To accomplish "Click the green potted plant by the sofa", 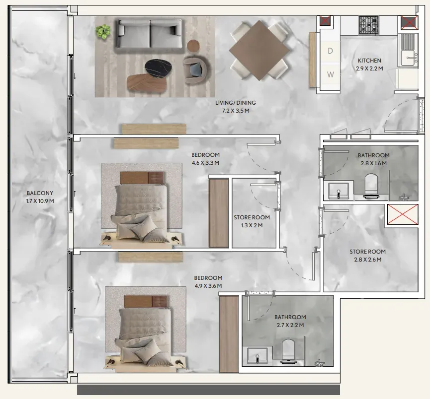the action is click(103, 31).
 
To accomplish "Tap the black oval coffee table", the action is click(159, 67).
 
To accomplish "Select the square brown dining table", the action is click(259, 51).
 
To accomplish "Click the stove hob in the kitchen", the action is click(368, 25).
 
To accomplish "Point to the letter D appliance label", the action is click(330, 51).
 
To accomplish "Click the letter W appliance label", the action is click(331, 74).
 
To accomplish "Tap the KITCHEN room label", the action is click(369, 61).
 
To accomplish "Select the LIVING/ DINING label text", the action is click(235, 103).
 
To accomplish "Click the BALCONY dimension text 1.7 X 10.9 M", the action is click(40, 201).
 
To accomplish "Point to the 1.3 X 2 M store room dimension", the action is click(252, 225).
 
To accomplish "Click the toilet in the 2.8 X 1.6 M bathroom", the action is click(371, 185).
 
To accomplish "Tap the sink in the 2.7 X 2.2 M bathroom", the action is click(257, 356).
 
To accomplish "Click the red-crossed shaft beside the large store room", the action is click(403, 214).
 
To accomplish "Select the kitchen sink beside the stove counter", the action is click(408, 50).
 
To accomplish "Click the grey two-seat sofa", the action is click(150, 35).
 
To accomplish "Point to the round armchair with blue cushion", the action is click(197, 70).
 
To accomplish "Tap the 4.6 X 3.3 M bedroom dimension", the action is click(205, 163).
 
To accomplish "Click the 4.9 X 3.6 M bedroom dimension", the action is click(208, 286).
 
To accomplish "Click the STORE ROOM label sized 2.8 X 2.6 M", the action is click(367, 252).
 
